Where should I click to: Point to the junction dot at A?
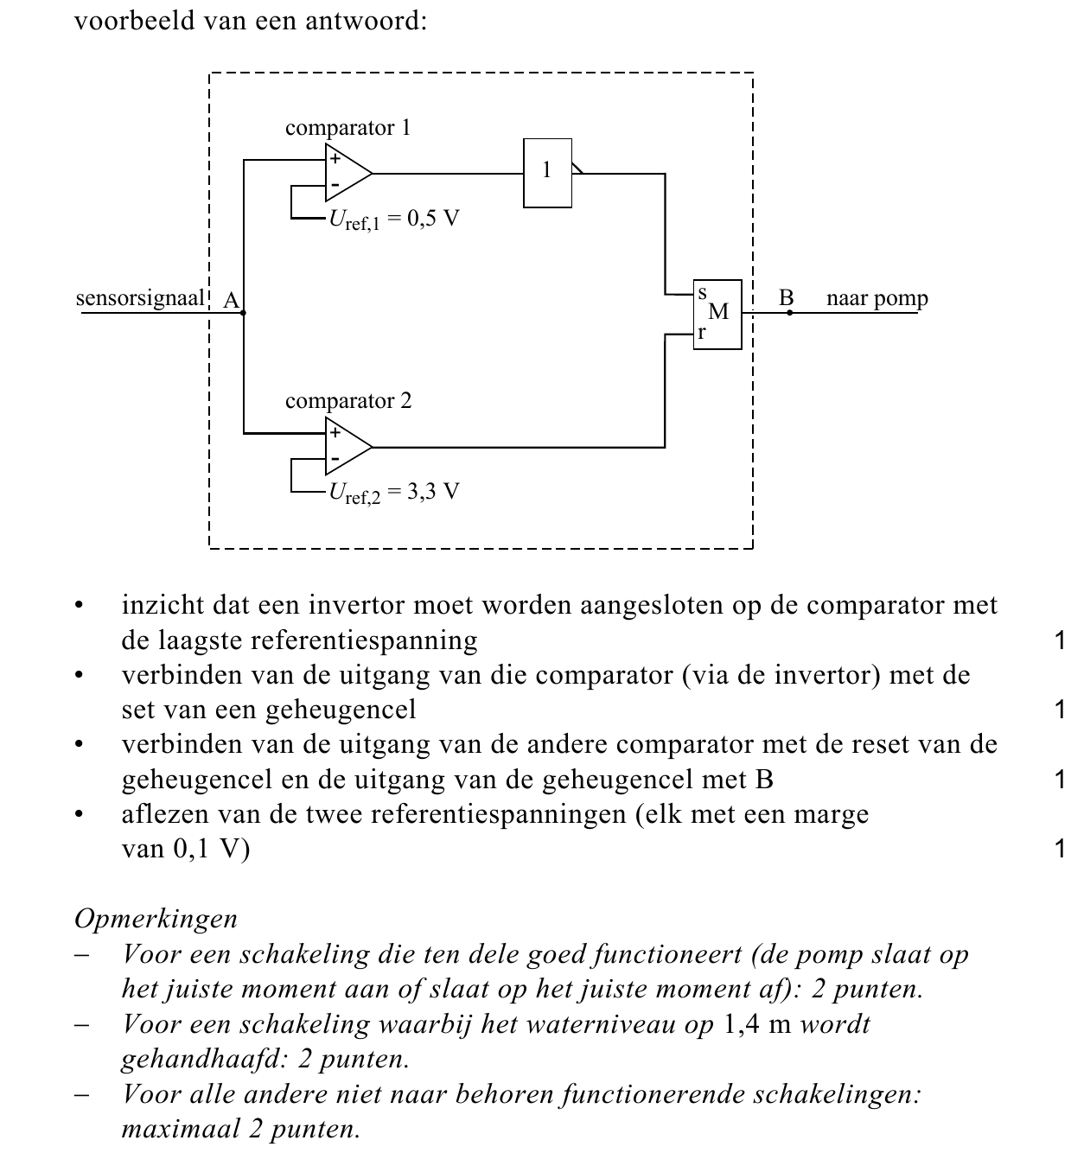tap(244, 313)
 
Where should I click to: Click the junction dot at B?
tap(789, 313)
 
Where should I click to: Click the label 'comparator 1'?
tap(347, 128)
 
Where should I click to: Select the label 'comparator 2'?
tap(348, 401)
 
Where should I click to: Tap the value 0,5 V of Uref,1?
tap(433, 219)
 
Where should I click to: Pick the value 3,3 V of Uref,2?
tap(433, 492)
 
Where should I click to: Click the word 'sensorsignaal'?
tap(140, 298)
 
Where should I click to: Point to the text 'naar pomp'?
tap(877, 299)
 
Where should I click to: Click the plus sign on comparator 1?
tap(335, 158)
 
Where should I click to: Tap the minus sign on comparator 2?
tap(335, 459)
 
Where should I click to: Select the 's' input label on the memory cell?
tap(702, 293)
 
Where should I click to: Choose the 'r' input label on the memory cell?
tap(702, 333)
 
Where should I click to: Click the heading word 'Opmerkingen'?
tap(156, 920)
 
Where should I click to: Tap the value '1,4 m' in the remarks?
tap(757, 1024)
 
